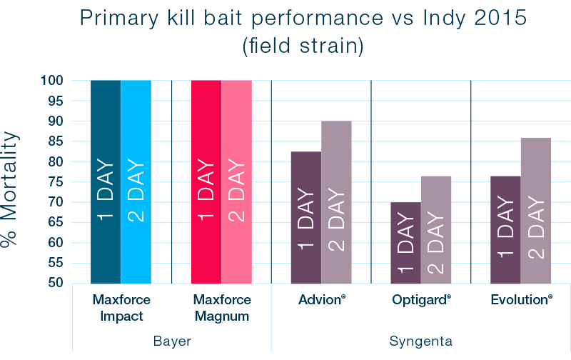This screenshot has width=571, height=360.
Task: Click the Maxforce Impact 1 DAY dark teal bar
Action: coord(106,181)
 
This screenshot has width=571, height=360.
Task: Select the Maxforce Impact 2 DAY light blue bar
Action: coord(136,181)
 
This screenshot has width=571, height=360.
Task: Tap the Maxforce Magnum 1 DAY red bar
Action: coord(206,181)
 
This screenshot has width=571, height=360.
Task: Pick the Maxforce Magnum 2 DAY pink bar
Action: coord(236,181)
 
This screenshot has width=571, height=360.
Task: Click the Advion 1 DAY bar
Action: coord(305,217)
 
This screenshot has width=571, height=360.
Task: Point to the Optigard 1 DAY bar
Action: coord(405,242)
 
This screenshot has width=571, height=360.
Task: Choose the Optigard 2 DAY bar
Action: coord(435,229)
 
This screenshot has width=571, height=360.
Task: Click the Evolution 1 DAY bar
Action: coord(505,229)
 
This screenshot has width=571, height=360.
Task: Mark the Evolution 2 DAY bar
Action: coord(535,210)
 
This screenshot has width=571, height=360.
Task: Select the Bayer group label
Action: coord(172,341)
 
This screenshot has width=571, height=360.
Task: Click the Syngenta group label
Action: coord(420,341)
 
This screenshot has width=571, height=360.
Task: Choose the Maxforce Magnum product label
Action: coord(222,308)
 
